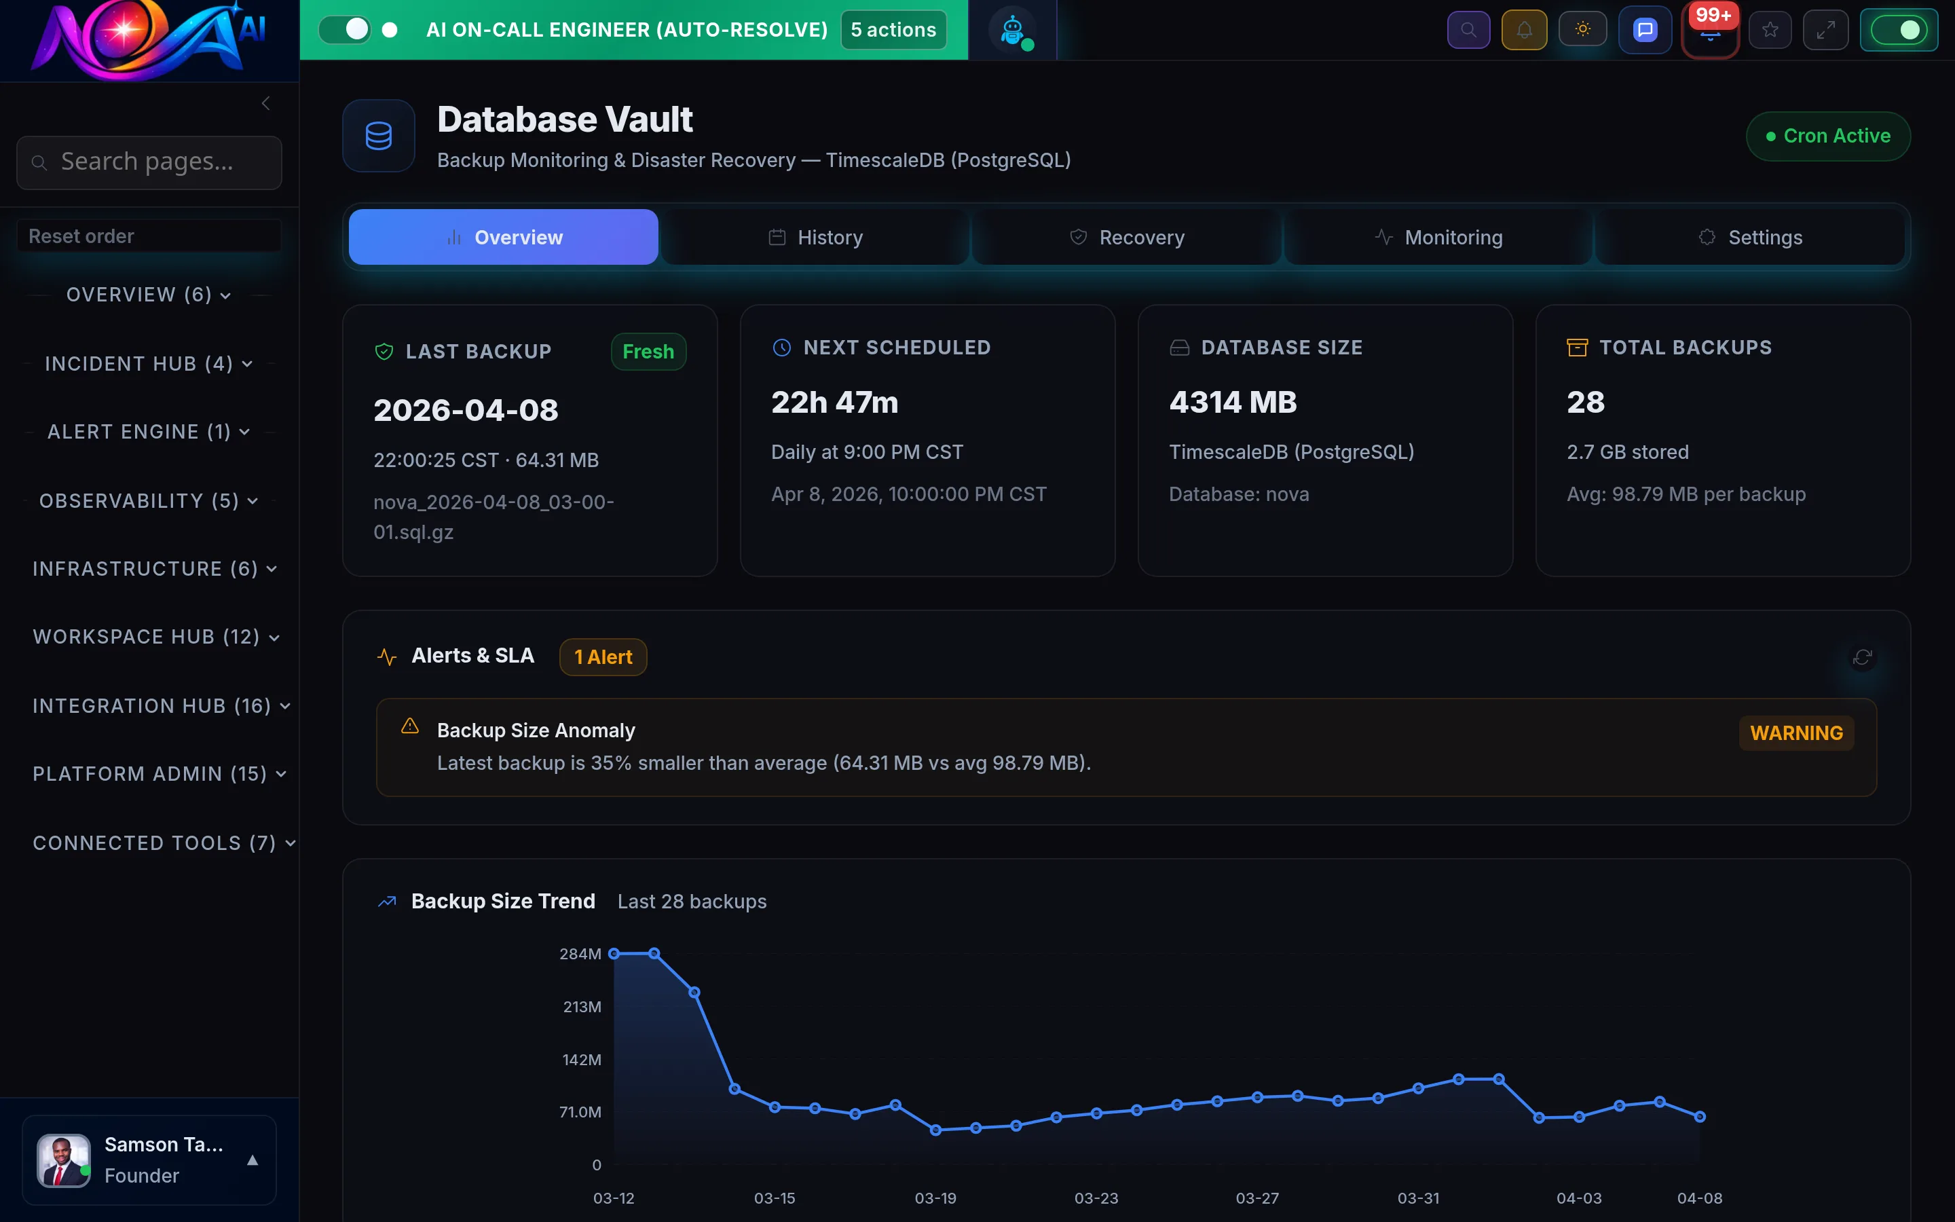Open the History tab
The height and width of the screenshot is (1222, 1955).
click(815, 238)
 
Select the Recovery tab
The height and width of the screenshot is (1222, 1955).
click(1127, 238)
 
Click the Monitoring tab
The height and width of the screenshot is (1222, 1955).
click(1439, 238)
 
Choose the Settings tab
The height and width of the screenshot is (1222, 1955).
click(1750, 238)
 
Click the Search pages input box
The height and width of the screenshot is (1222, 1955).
click(149, 162)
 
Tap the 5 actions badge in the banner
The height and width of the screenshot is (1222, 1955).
click(893, 30)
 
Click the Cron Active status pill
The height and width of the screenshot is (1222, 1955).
click(1828, 136)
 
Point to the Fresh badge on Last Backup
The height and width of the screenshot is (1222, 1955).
click(648, 352)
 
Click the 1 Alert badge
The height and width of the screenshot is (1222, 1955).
click(603, 657)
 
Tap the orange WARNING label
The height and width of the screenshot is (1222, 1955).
click(1796, 733)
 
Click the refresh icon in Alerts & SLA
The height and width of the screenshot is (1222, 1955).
click(1862, 658)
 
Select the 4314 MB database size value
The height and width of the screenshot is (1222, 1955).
click(1233, 403)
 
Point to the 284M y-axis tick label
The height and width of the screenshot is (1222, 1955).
click(579, 954)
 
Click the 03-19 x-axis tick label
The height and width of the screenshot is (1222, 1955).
click(935, 1198)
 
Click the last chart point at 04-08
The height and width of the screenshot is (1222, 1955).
click(1700, 1116)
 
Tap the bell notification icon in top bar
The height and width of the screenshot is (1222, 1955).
click(1523, 30)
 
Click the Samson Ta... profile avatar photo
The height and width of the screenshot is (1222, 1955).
click(64, 1160)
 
